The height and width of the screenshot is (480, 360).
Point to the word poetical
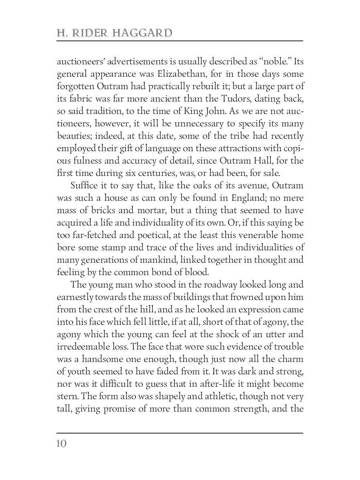(x=155, y=235)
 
